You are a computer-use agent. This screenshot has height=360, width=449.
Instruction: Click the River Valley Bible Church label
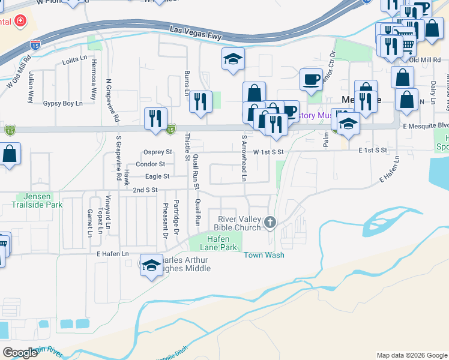238,223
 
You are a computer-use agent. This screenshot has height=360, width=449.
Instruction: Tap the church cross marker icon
270,223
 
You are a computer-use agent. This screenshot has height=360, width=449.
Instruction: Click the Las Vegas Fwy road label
196,32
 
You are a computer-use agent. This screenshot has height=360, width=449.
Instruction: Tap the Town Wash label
264,255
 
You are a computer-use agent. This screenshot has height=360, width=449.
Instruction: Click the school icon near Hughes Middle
152,265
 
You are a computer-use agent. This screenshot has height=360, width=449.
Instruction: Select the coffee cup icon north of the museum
311,79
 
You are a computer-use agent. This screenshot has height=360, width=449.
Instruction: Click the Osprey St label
158,152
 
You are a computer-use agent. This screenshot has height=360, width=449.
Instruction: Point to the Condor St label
151,164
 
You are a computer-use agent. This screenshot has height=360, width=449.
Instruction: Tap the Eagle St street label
157,176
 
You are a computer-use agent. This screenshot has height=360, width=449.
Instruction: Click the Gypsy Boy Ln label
62,104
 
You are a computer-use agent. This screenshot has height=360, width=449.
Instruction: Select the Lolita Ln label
75,62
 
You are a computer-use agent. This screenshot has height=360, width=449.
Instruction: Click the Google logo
21,353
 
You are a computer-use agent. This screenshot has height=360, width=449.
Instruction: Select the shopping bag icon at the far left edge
10,154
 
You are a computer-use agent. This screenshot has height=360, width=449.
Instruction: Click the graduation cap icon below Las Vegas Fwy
233,59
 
